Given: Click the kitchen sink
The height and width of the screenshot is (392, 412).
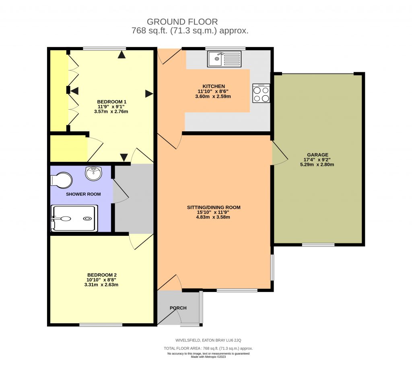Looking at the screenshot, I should point(225,59).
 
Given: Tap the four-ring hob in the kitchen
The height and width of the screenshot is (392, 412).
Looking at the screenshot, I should point(261,93).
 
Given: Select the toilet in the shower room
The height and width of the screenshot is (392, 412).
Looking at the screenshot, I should point(61,180).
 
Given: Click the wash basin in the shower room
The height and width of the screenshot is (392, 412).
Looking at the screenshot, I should point(94,174).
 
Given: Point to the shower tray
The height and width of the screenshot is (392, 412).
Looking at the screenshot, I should point(74,218).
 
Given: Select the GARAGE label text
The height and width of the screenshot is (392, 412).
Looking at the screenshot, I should point(317,155).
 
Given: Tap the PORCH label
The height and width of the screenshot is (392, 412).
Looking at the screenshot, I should point(178,308).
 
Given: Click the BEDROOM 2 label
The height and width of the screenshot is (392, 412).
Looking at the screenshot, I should point(101,275).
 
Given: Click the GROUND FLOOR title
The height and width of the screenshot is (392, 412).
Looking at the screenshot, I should point(182,22).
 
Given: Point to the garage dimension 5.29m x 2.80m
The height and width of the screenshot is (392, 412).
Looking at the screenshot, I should point(317,164).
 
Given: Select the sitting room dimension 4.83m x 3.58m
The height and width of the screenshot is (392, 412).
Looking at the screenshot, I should point(213,217).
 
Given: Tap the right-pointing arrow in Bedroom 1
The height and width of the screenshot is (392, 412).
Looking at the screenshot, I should point(149,94).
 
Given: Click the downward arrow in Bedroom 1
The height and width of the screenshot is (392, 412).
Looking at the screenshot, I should point(124,157).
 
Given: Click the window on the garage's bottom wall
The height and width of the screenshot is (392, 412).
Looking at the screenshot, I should point(318,245).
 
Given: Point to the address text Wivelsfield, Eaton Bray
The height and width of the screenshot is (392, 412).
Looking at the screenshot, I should point(208,340).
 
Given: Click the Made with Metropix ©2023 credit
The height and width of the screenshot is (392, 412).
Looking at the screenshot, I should point(208,357).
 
